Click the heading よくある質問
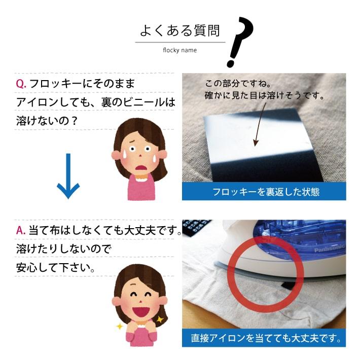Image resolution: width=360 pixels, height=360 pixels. pyautogui.click(x=180, y=31)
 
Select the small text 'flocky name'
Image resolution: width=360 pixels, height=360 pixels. pyautogui.click(x=179, y=50)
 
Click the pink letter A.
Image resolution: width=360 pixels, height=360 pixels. pyautogui.click(x=21, y=230)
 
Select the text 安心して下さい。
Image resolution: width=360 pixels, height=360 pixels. pyautogui.click(x=56, y=267)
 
